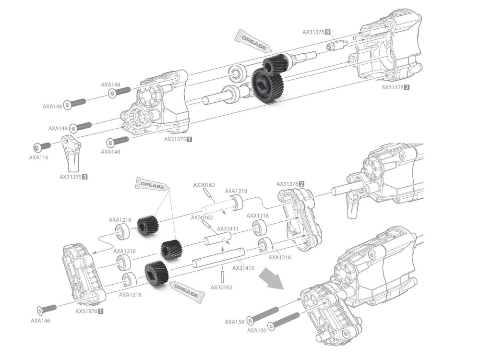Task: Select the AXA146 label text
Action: click(40, 320)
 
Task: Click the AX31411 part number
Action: click(228, 228)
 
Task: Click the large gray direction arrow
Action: click(270, 280)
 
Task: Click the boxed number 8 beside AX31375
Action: click(327, 32)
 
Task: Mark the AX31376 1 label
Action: click(89, 311)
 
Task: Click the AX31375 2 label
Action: click(396, 88)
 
